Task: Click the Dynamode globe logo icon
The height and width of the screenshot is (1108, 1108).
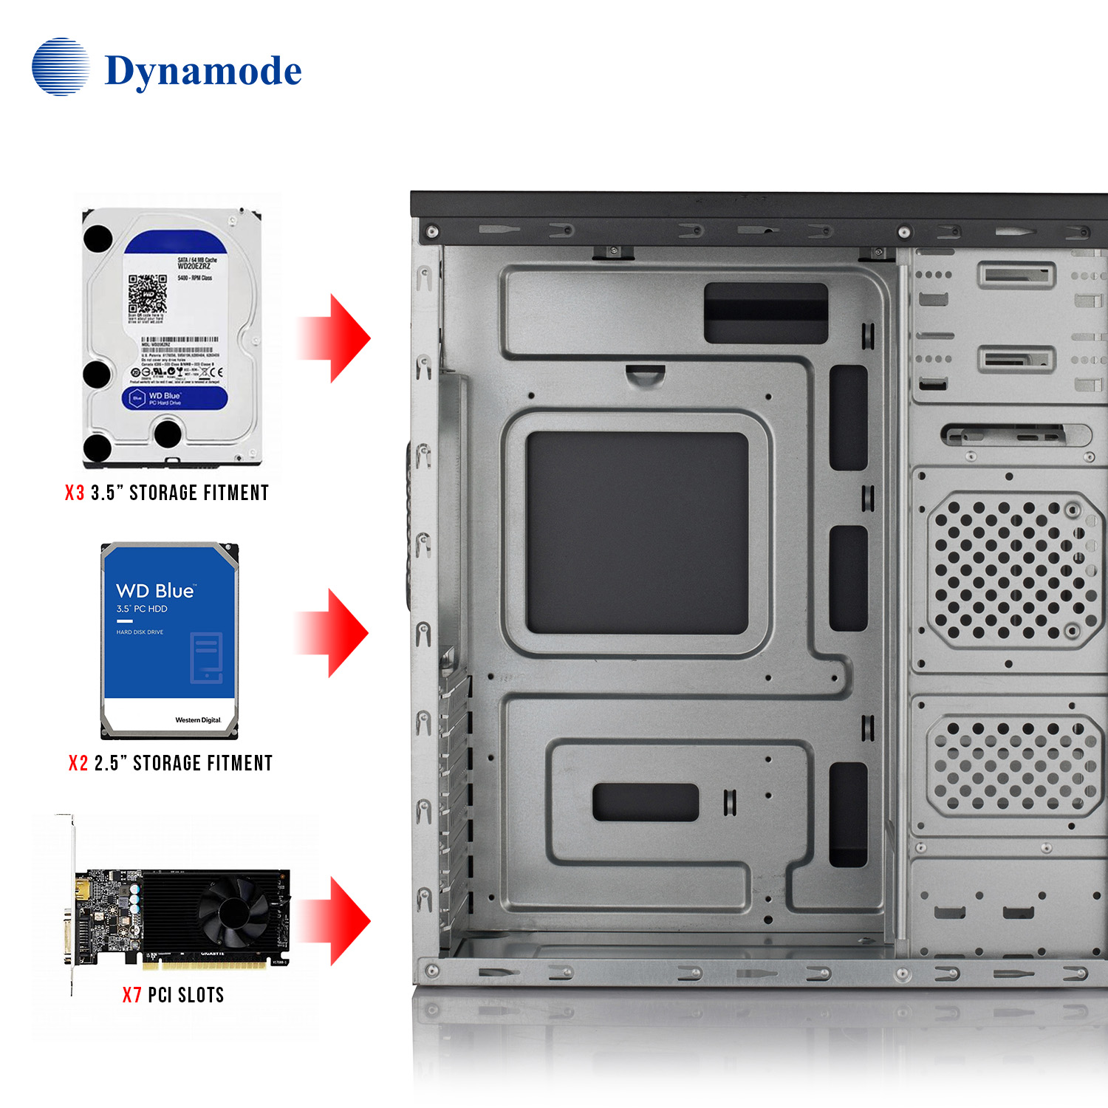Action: tap(61, 67)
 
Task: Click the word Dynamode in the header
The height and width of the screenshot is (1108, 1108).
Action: tap(203, 72)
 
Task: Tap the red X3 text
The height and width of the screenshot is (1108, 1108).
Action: tap(75, 493)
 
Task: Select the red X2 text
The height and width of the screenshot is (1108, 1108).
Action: tap(78, 764)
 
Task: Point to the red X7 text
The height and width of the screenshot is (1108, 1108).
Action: tap(132, 996)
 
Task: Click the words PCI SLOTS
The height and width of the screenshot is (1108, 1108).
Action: tap(186, 996)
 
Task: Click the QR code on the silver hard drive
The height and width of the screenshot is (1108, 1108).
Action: tap(147, 294)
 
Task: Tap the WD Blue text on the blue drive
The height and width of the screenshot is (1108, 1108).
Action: tap(155, 591)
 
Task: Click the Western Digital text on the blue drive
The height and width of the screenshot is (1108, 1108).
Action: tap(198, 720)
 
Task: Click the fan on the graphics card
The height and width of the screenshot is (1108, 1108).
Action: tap(233, 913)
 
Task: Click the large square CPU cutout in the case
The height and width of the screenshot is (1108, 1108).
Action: tap(637, 533)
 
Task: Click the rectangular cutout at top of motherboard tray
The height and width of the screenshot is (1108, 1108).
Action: tap(765, 312)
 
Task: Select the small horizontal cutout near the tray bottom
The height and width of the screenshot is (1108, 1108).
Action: tap(645, 802)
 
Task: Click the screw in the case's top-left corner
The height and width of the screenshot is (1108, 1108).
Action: tap(433, 233)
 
